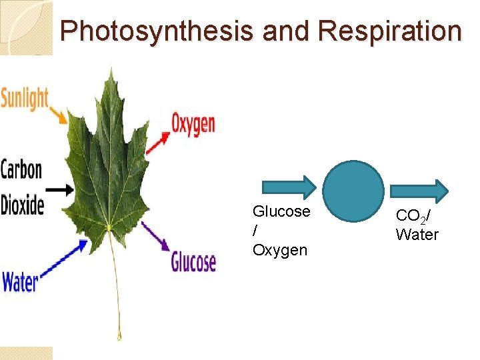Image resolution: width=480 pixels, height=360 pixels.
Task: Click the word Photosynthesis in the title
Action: click(x=155, y=31)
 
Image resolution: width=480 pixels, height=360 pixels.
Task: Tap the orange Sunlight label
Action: click(x=25, y=98)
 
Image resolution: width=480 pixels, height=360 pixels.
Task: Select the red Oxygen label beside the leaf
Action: click(x=193, y=123)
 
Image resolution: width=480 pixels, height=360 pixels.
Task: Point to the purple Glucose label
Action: click(x=193, y=261)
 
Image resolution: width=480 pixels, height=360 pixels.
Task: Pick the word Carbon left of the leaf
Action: click(x=21, y=169)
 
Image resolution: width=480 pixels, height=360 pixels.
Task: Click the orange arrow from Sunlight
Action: click(x=59, y=115)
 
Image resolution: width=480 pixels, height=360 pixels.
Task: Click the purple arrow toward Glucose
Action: click(x=155, y=237)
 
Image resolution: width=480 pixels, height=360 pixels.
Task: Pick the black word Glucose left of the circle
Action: click(x=281, y=211)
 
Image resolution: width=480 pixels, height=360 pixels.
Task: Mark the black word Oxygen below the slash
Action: click(x=280, y=250)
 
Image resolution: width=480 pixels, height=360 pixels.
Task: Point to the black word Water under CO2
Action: click(x=417, y=235)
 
